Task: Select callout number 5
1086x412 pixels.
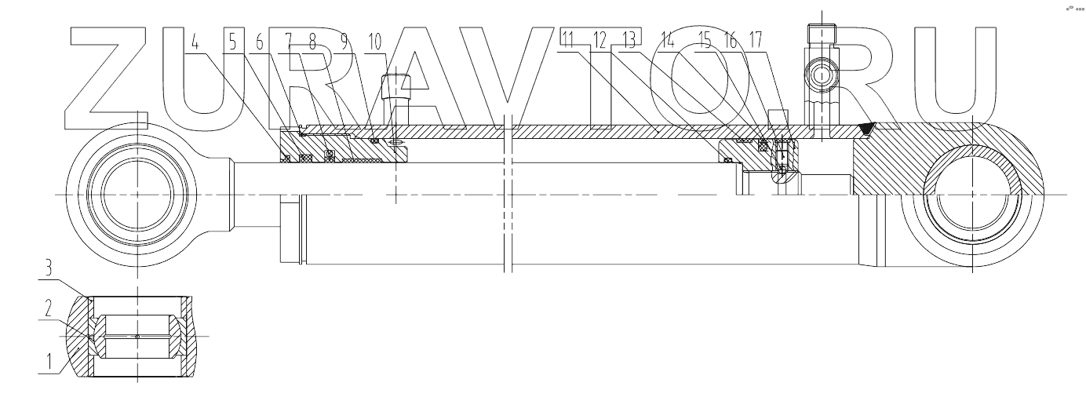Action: pos(232,41)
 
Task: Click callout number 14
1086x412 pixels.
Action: pos(668,41)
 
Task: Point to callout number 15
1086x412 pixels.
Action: pos(705,41)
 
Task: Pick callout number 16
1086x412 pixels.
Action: pos(730,41)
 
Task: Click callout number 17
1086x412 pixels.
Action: pos(756,41)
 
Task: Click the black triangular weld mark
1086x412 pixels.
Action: pos(867,128)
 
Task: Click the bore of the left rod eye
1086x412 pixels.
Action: pos(138,193)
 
